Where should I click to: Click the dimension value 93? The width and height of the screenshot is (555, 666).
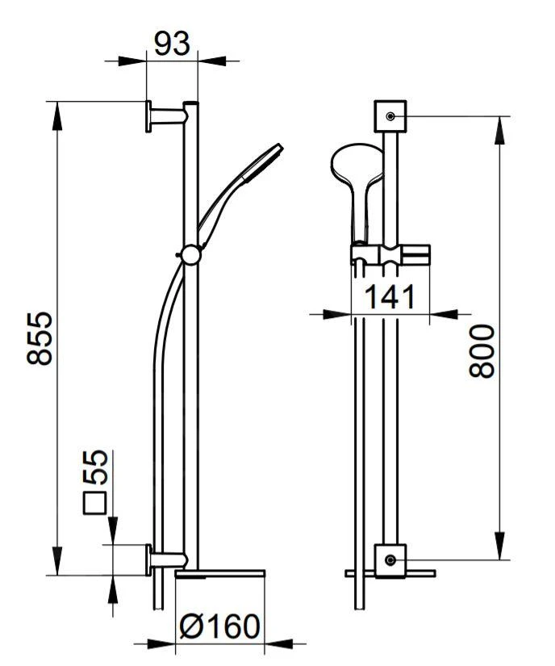pos(172,43)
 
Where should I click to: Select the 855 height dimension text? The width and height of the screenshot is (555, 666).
pos(40,338)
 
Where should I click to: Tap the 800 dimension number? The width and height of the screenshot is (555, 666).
pos(482,351)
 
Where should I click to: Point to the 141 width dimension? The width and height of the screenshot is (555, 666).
pos(390,296)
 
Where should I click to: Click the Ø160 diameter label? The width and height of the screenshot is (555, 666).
pos(219,626)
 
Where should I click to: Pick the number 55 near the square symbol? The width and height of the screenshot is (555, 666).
pos(94,467)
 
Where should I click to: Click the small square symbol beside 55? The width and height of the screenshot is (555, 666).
pos(94,503)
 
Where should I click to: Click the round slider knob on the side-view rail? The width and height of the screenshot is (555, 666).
pos(190,254)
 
